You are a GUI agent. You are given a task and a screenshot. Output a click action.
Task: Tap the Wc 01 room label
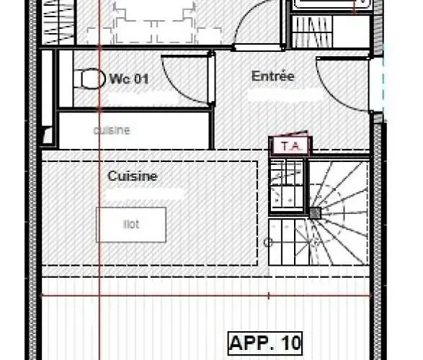(129, 78)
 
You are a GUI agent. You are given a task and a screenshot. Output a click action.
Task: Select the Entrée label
(272, 76)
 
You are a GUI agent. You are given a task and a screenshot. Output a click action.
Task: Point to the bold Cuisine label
(133, 176)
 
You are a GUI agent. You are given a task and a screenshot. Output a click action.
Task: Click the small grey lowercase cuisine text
(112, 130)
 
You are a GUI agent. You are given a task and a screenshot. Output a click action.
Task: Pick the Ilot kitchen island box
(131, 225)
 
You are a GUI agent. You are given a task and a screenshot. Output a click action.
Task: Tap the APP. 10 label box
(265, 341)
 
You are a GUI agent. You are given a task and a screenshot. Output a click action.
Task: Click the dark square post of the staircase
(315, 213)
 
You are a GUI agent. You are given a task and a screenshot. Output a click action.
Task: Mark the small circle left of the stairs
(269, 243)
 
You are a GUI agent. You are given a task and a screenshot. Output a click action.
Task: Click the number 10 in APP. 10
(290, 341)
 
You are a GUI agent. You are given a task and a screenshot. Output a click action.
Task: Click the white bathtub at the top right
(331, 5)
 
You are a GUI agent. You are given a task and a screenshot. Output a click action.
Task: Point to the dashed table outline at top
(155, 22)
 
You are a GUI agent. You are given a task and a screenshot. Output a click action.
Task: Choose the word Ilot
(131, 225)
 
